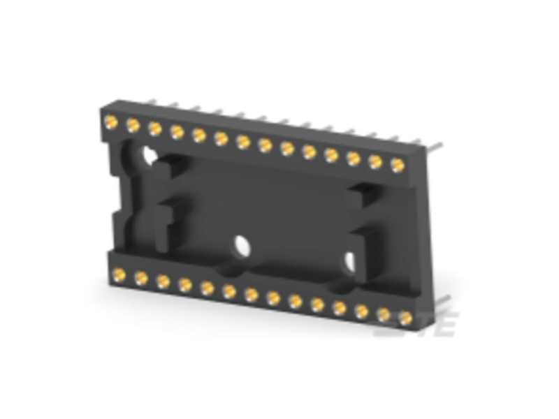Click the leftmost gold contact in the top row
[110, 122]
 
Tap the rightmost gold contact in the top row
[398, 165]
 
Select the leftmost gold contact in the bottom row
[119, 274]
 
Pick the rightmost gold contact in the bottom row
[406, 318]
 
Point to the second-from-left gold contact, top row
[133, 125]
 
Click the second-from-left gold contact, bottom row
[141, 277]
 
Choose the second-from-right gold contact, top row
[376, 161]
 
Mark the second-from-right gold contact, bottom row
[384, 314]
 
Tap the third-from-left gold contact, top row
[155, 128]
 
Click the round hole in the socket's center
[242, 245]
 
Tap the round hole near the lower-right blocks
[350, 261]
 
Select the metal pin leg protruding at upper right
[434, 147]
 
